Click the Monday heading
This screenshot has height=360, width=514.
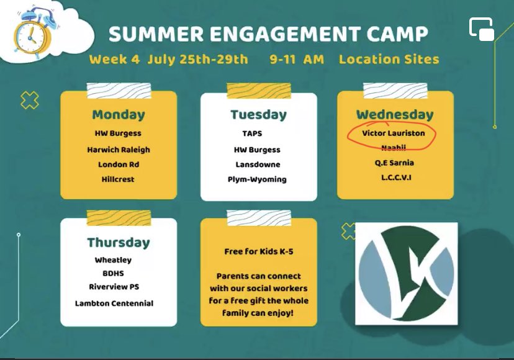click(118, 115)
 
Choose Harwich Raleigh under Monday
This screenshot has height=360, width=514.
click(118, 150)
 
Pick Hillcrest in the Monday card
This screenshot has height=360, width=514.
click(118, 179)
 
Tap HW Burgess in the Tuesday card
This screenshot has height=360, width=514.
click(257, 150)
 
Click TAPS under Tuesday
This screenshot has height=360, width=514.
click(253, 133)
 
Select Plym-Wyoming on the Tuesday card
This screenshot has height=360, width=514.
click(257, 179)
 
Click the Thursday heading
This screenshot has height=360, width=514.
click(118, 242)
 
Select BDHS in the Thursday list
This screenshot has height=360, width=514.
click(113, 273)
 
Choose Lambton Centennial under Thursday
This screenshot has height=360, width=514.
click(114, 304)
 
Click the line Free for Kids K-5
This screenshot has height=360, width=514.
click(258, 252)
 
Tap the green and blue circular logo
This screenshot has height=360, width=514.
click(406, 273)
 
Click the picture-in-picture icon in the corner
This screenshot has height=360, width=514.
click(481, 29)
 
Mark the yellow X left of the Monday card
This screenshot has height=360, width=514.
click(29, 100)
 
